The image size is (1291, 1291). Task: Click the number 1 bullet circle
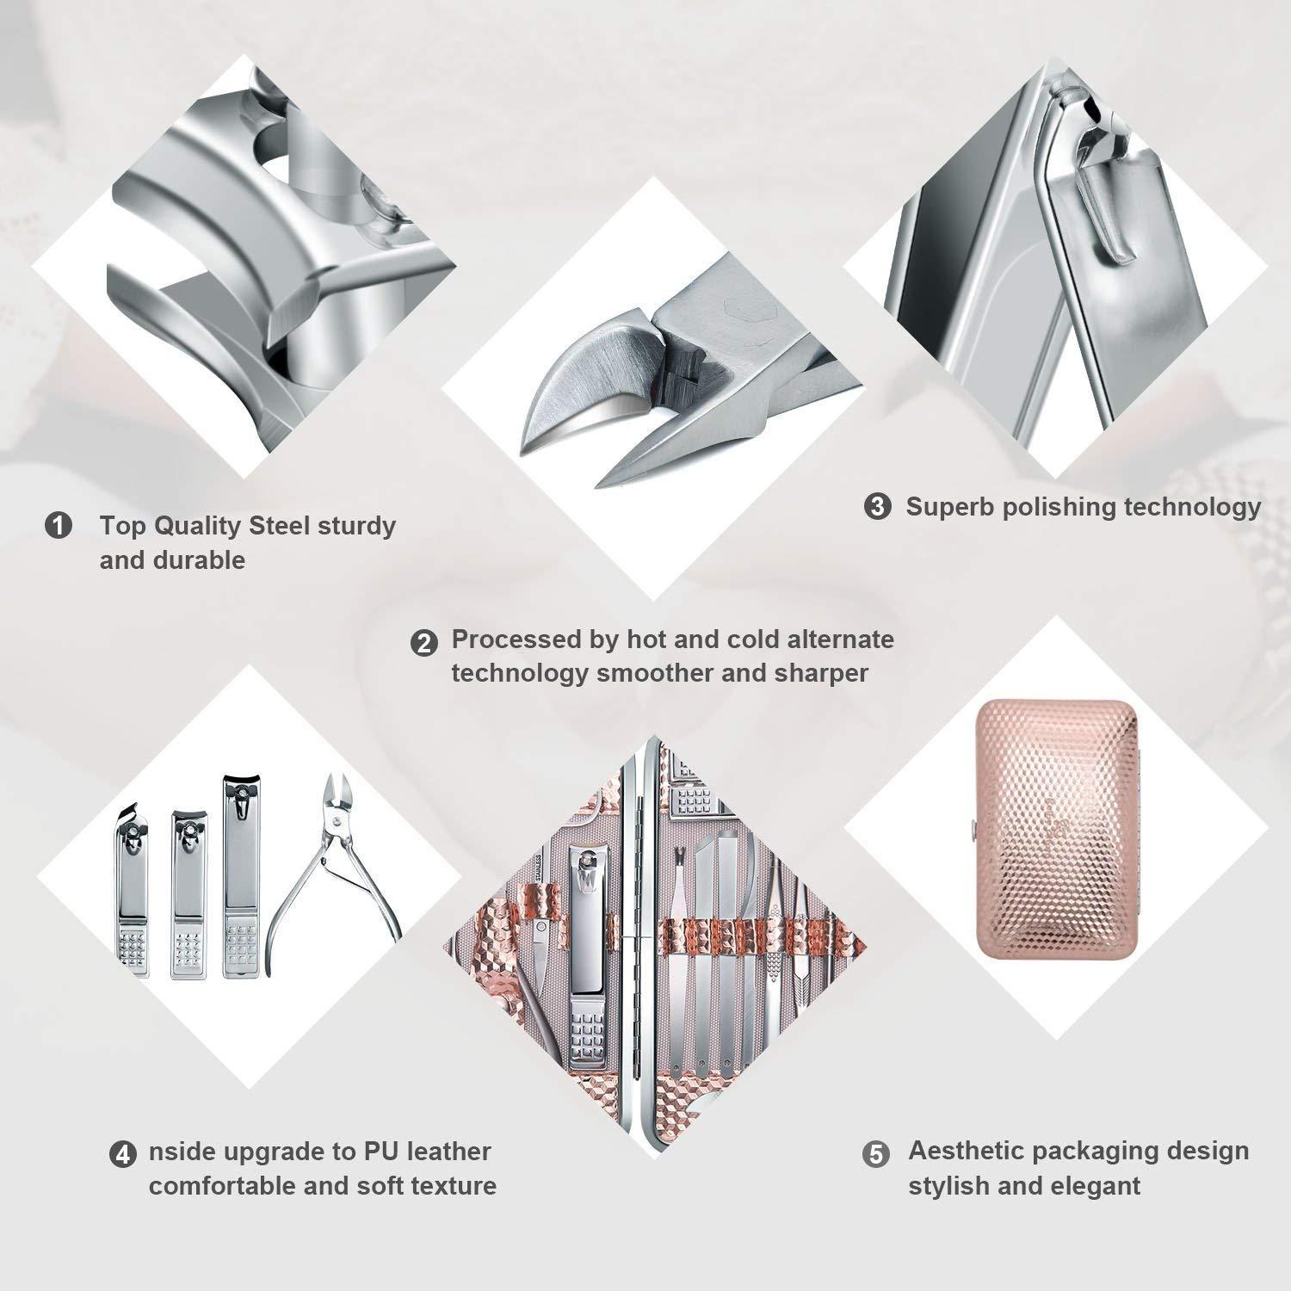coord(58,525)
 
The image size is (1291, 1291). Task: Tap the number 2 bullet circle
coord(423,643)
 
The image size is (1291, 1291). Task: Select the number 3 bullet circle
coord(878,507)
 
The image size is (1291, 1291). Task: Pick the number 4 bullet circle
coord(123,1154)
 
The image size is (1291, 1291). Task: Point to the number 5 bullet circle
coord(876,1154)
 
